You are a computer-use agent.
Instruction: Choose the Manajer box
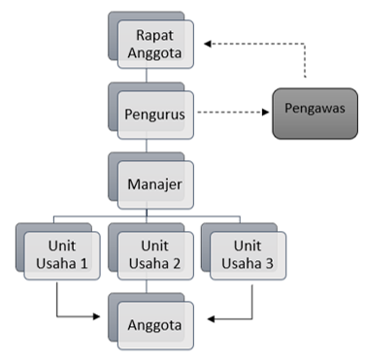coord(154,180)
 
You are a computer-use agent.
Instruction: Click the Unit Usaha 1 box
coord(62,255)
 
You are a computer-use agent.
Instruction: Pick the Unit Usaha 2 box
coord(154,255)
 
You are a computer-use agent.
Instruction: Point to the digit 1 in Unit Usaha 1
coord(85,264)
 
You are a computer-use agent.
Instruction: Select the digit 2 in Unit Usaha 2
coord(178,264)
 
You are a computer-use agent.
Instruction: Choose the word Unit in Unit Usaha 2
coord(154,246)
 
